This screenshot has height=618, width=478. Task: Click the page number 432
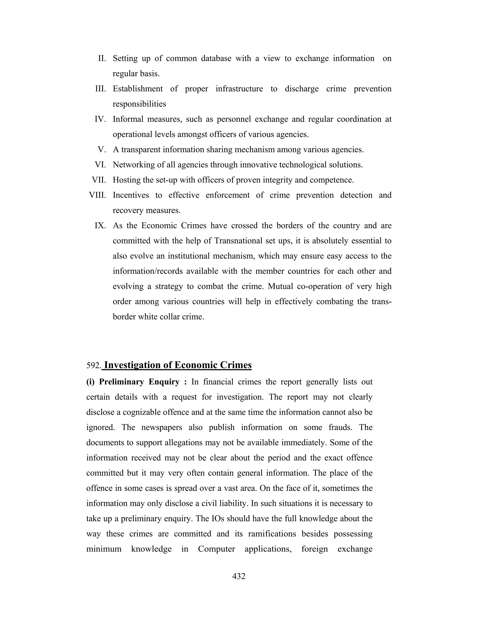[x=239, y=576]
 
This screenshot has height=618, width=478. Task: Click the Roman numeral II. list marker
[x=102, y=58]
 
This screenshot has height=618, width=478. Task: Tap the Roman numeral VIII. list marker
[x=97, y=195]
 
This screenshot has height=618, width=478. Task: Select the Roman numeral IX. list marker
[x=100, y=226]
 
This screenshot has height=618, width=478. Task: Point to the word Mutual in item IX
[x=280, y=286]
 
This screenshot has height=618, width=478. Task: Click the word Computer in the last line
[x=216, y=549]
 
